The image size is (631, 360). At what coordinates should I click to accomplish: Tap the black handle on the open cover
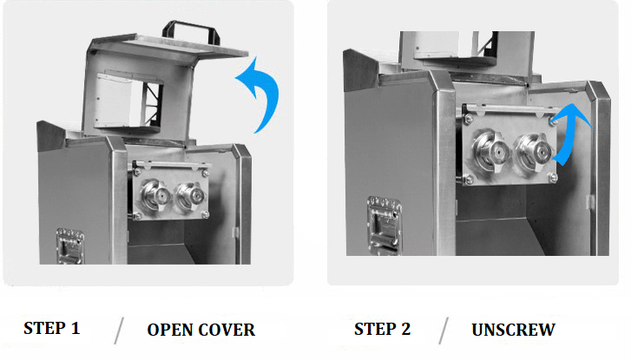[x=191, y=31]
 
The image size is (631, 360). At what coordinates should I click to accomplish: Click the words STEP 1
[x=52, y=328]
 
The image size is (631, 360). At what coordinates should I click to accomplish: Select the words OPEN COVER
[x=200, y=330]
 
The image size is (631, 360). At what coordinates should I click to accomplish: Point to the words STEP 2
[x=382, y=329]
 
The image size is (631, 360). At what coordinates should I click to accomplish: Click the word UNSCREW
[x=514, y=330]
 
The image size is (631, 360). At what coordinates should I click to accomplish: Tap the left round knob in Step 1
[x=155, y=196]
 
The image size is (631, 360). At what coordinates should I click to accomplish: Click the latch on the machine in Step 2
[x=385, y=226]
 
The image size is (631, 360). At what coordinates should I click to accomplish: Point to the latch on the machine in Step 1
[x=70, y=246]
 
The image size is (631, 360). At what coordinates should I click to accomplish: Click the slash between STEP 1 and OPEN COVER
[x=119, y=331]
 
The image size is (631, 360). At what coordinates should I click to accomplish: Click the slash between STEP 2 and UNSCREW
[x=444, y=331]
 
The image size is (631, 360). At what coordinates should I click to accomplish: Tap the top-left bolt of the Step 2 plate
[x=468, y=119]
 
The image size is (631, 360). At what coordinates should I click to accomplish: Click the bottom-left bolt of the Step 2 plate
[x=468, y=179]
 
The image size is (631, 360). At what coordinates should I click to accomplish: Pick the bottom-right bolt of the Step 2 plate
[x=553, y=177]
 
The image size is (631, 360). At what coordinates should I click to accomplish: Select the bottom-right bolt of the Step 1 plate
[x=205, y=214]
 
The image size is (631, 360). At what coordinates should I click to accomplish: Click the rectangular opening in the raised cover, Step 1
[x=128, y=102]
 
